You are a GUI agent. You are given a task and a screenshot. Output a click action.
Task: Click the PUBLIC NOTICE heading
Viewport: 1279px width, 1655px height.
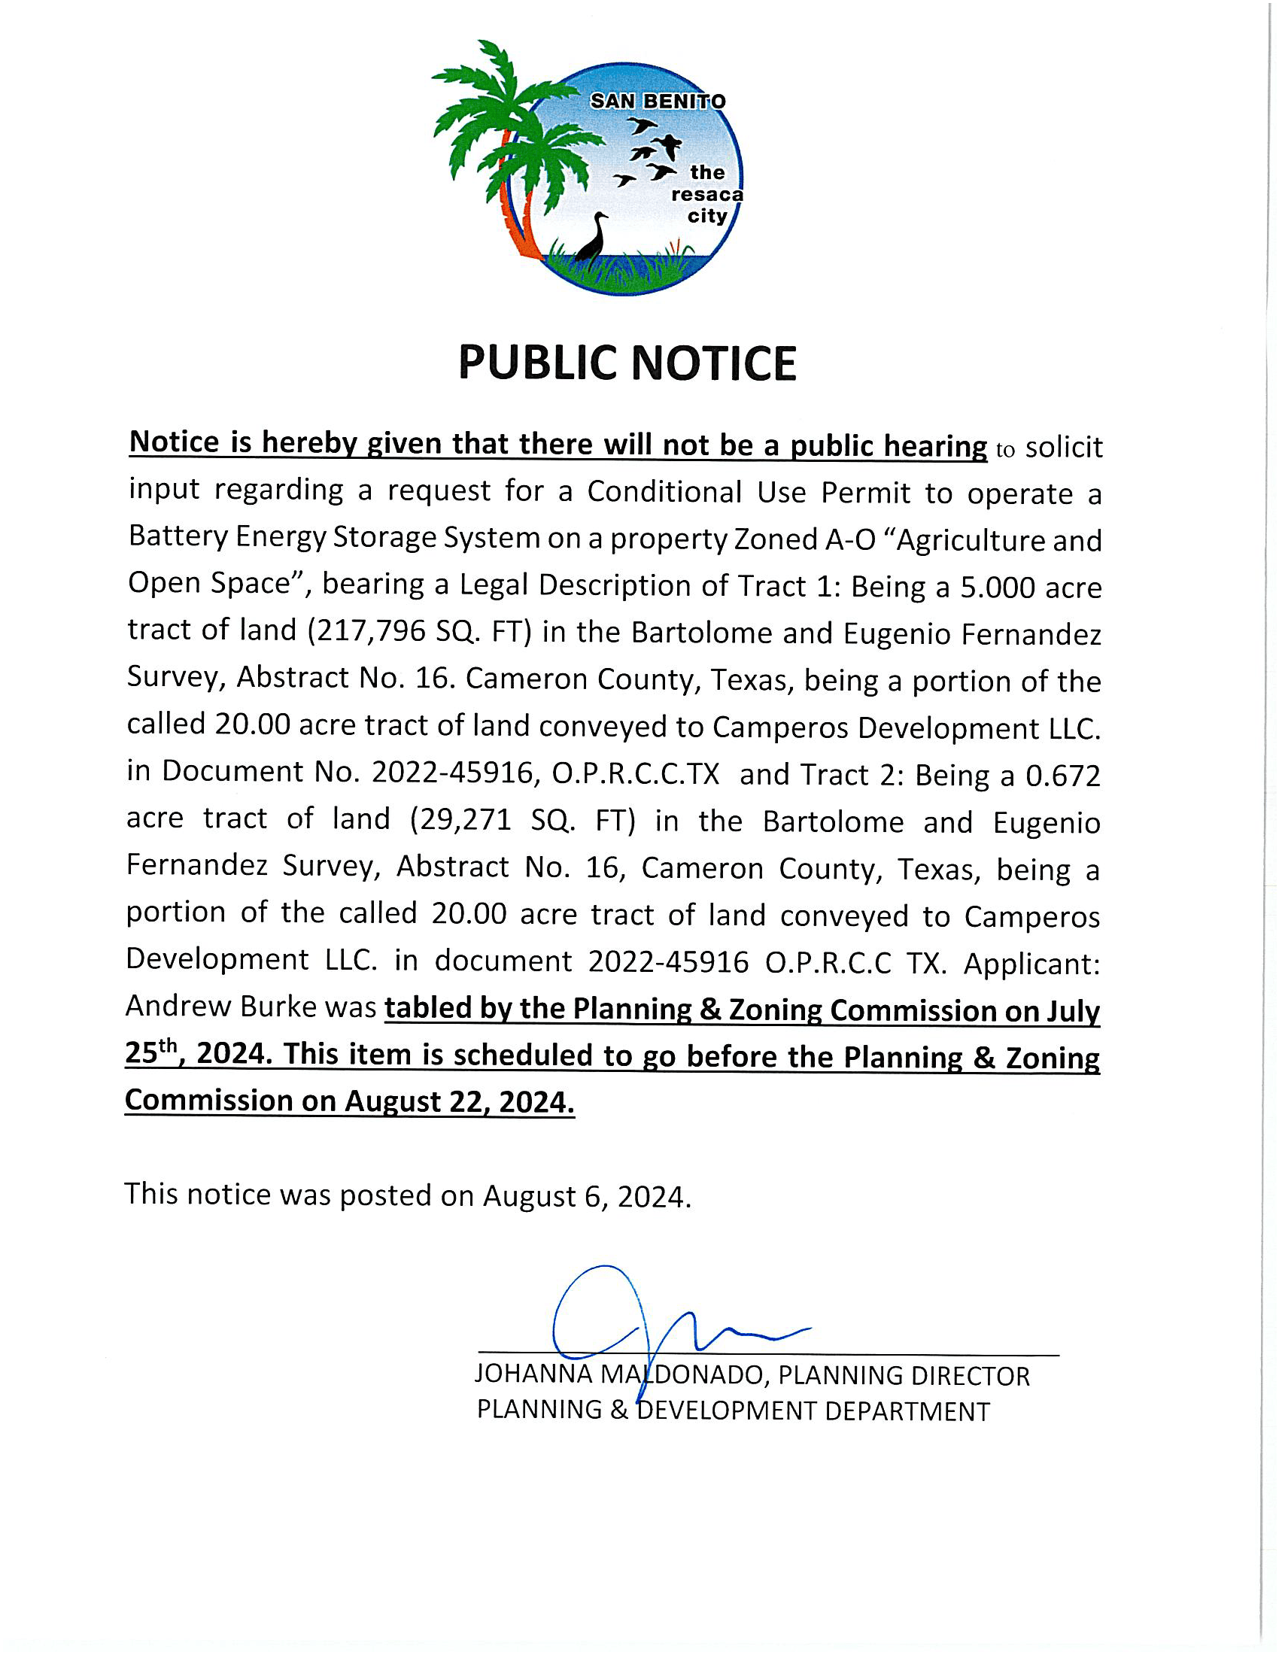point(627,363)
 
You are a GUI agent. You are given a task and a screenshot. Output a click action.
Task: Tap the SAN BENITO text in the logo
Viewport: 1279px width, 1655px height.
point(658,101)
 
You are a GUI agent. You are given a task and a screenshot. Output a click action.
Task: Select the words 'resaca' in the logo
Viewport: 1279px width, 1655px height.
point(707,195)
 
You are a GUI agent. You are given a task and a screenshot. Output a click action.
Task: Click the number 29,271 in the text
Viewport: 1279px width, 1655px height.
point(460,820)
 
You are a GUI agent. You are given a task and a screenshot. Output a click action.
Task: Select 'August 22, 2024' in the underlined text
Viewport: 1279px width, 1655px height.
point(459,1102)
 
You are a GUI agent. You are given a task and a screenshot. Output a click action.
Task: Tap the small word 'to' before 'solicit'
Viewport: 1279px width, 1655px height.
point(1004,450)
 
